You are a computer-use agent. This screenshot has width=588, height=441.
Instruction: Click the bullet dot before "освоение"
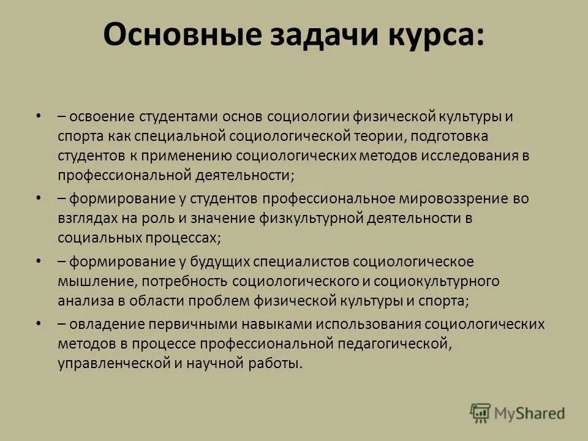pos(39,115)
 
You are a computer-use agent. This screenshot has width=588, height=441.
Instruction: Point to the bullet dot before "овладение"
pos(39,323)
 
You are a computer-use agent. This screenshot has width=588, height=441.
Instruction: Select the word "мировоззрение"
pos(452,198)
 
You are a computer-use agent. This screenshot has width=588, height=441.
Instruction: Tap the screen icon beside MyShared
pos(481,413)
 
